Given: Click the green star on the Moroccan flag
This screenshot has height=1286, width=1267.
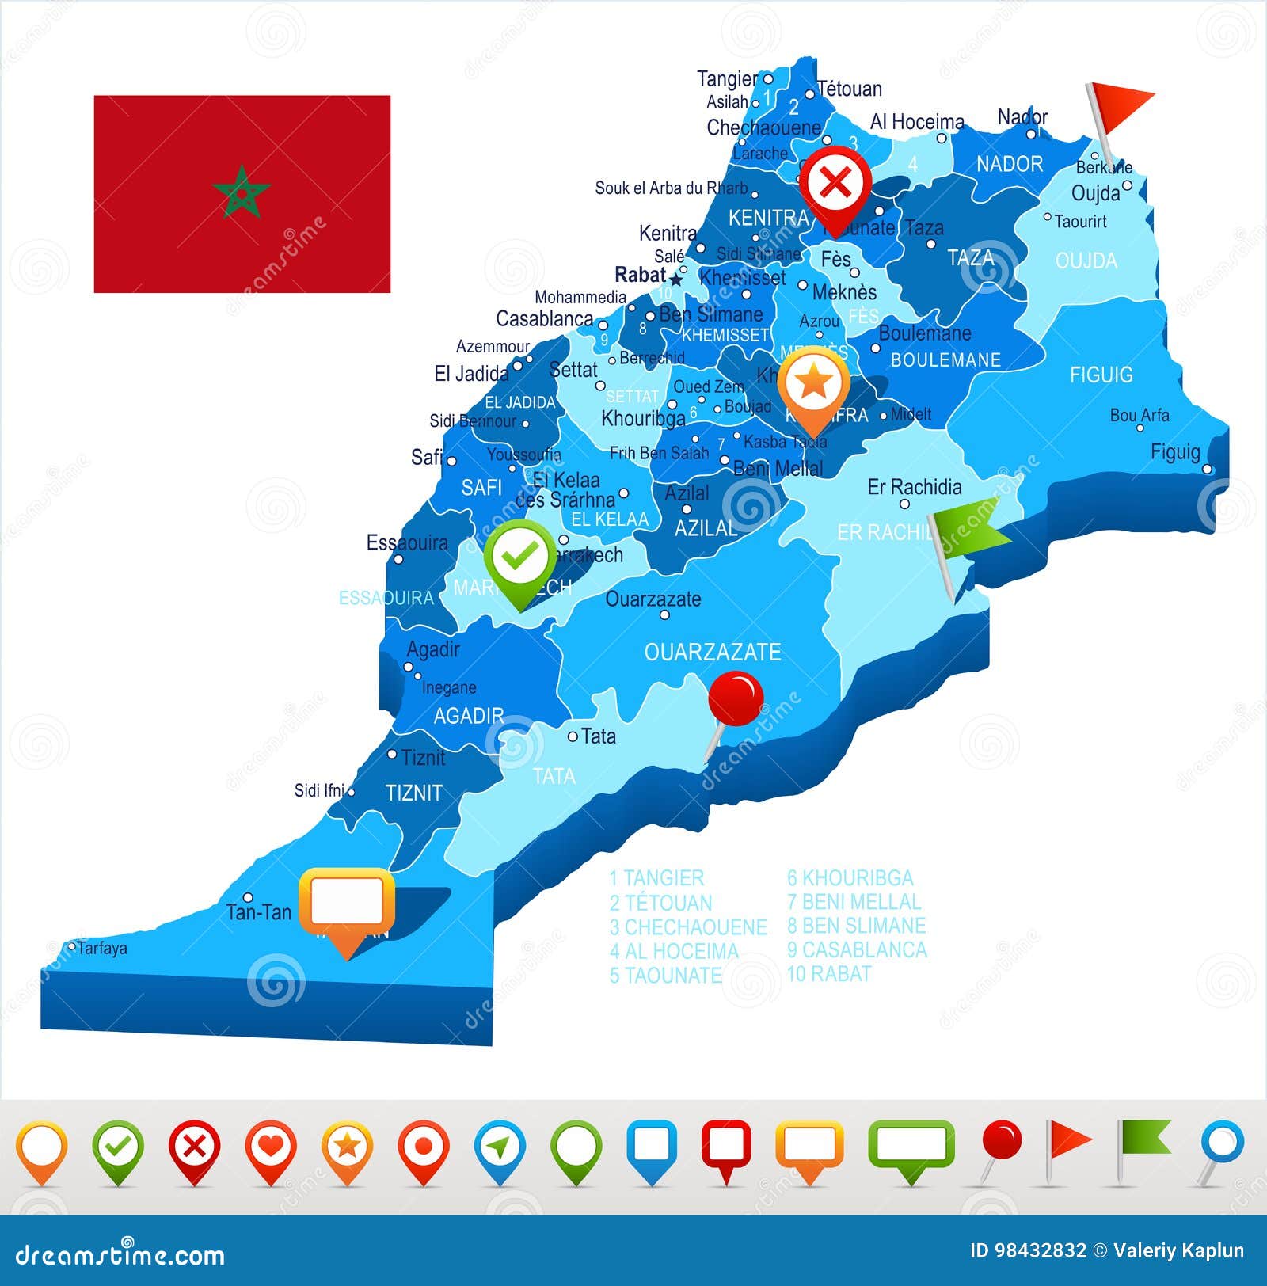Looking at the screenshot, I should [242, 192].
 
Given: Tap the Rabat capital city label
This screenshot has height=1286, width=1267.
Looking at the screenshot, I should [640, 275].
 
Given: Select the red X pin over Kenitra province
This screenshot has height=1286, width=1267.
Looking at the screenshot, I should [835, 184].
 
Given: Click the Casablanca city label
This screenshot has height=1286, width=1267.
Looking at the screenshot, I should [544, 318].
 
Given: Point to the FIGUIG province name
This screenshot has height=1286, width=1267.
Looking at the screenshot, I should [1101, 375].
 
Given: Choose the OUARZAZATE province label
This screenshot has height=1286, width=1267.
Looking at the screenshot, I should [712, 652].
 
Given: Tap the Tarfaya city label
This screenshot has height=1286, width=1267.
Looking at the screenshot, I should [102, 948].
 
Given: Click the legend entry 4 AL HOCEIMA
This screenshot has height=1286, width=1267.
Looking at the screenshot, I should [673, 951].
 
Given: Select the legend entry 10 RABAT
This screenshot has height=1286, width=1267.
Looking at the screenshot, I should [828, 973].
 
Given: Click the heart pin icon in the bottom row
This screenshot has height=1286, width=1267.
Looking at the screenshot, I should [270, 1147].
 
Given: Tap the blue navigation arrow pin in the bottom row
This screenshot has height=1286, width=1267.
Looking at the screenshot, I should [500, 1147].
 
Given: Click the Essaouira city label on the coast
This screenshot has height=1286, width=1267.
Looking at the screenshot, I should [406, 543].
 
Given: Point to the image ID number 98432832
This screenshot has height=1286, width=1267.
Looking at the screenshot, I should [1028, 1250].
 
